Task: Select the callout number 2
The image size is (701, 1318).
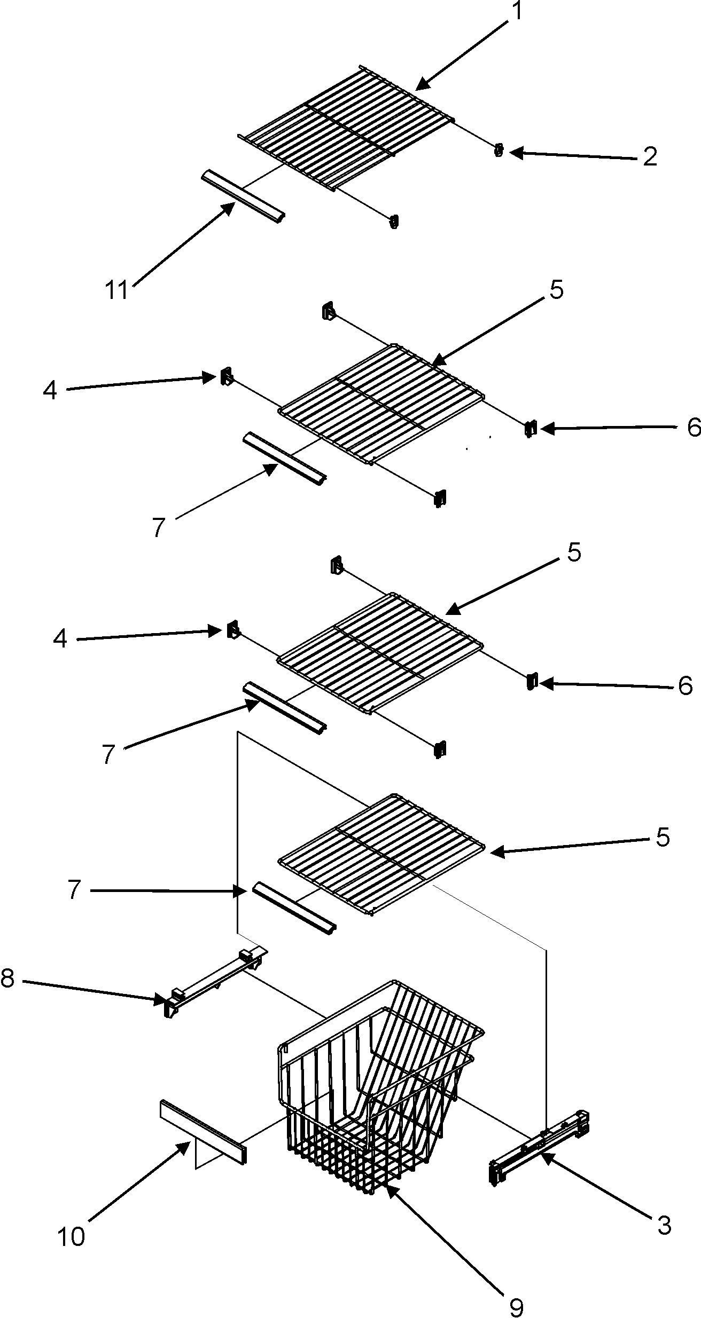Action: click(649, 157)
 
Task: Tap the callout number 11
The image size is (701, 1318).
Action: click(117, 291)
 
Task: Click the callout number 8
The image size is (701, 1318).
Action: click(7, 978)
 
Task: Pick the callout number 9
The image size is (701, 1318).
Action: click(516, 1303)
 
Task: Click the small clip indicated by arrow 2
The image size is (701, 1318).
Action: click(499, 151)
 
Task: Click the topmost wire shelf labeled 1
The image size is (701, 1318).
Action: click(347, 128)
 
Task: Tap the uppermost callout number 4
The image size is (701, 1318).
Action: click(50, 390)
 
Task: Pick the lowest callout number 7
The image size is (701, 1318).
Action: click(74, 891)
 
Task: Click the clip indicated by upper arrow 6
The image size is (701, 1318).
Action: click(530, 429)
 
